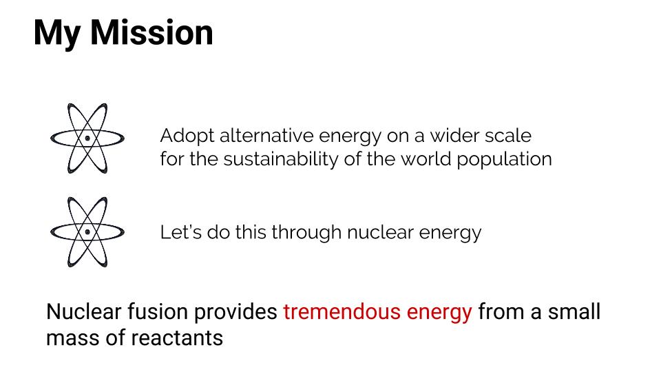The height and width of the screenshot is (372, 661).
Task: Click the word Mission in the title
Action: (151, 32)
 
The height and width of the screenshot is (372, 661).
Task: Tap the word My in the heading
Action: (57, 34)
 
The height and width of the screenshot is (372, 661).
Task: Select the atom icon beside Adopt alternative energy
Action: (87, 138)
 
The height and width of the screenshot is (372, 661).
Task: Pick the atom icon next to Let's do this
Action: (87, 232)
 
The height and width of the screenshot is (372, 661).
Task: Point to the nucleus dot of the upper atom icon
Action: (87, 138)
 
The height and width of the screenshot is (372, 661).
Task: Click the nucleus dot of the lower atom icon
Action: (87, 232)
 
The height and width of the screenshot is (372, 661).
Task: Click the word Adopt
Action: (187, 136)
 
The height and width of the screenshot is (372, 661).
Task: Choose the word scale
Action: (508, 136)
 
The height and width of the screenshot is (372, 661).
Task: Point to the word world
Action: (426, 159)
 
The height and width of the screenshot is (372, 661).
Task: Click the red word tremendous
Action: (342, 311)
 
